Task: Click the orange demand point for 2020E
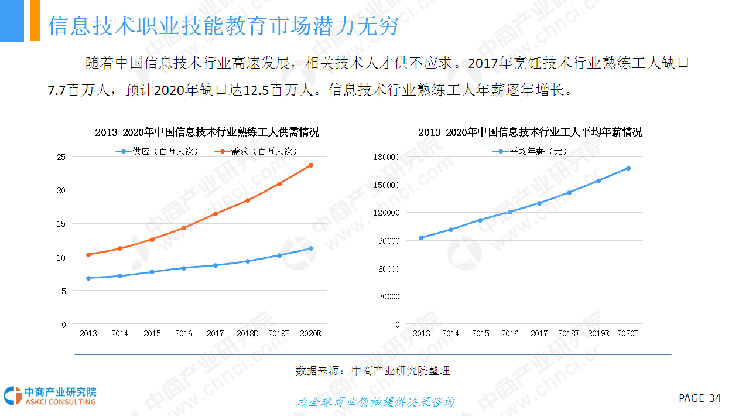pos(311,165)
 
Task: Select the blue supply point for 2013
pos(88,278)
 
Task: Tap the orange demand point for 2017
pos(216,214)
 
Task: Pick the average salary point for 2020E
pos(628,168)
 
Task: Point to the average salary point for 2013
pos(421,238)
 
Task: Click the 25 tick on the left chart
pos(61,157)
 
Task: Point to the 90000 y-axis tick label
pos(389,241)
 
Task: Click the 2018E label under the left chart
pos(247,333)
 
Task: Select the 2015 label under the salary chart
pos(480,333)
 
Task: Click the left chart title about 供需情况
pos(207,132)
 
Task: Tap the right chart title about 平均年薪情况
pos(530,132)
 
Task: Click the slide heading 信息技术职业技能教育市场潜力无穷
pos(223,25)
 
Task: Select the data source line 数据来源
pos(372,371)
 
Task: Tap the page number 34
pos(714,398)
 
